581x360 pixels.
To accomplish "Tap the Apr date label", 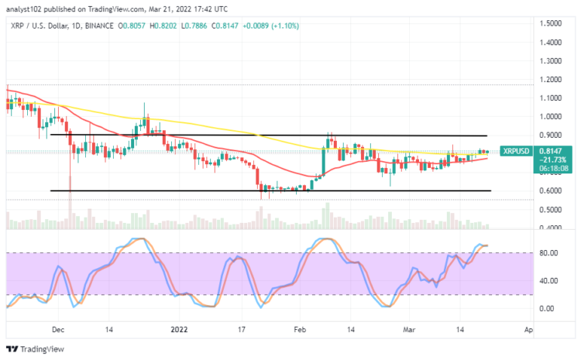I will (528, 329).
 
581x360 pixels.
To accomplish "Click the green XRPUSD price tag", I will (515, 151).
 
